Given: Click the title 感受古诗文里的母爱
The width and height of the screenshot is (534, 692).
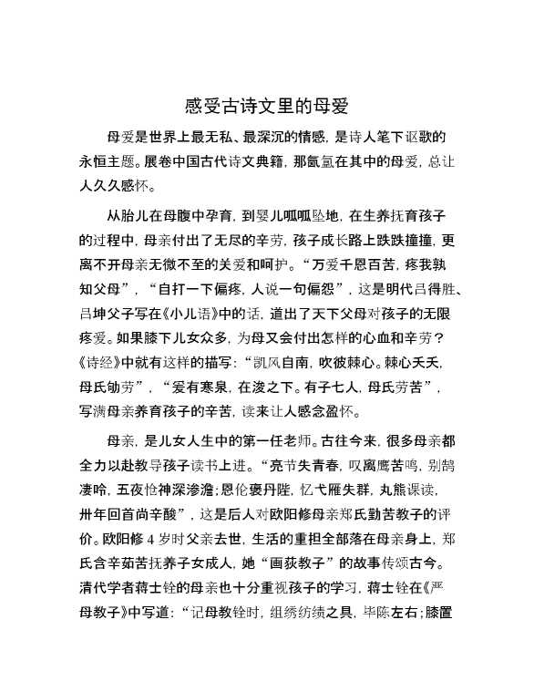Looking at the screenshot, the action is pos(266,105).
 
